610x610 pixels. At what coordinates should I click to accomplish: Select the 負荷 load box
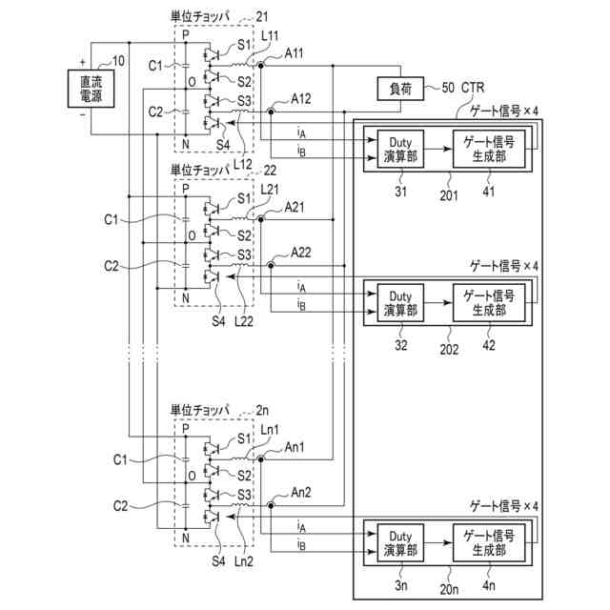click(399, 90)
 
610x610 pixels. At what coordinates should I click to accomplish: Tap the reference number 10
click(118, 62)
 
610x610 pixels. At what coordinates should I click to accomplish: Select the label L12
click(243, 165)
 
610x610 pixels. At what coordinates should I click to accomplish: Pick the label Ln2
click(243, 561)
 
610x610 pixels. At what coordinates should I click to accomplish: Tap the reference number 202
click(450, 348)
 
